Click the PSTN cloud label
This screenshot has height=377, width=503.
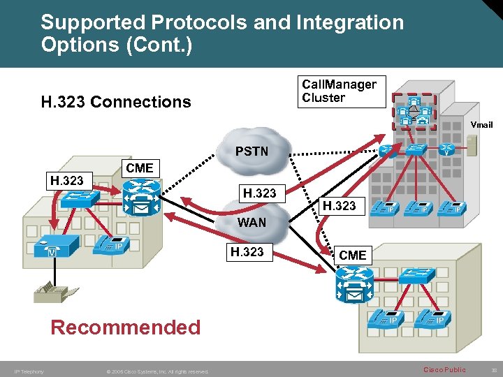pyautogui.click(x=251, y=151)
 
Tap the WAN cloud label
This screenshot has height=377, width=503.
pyautogui.click(x=251, y=223)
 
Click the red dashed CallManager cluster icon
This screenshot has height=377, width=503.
pyautogui.click(x=414, y=111)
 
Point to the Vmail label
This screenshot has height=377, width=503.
pyautogui.click(x=481, y=125)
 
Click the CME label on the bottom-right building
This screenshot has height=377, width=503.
pyautogui.click(x=352, y=256)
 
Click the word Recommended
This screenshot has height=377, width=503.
pyautogui.click(x=126, y=327)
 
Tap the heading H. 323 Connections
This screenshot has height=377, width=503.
pyautogui.click(x=116, y=102)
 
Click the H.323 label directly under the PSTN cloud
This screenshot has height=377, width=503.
pyautogui.click(x=259, y=193)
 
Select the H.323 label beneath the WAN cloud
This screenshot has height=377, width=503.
pyautogui.click(x=248, y=251)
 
